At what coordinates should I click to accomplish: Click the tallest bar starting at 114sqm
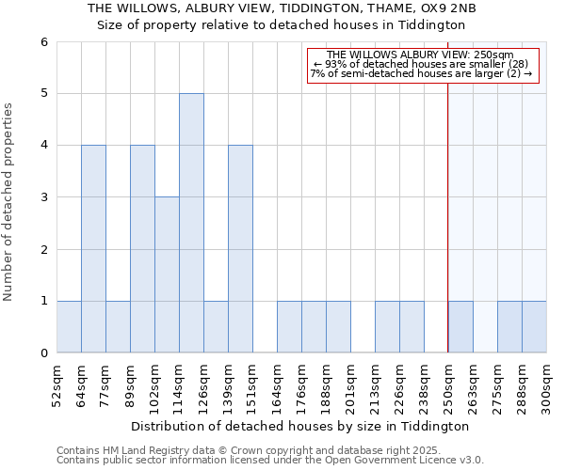point(191,223)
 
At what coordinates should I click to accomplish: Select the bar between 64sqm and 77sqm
point(93,249)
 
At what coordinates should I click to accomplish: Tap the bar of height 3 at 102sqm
point(167,274)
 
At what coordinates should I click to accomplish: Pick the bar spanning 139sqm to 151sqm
point(240,249)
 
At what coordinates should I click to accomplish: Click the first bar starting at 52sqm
point(69,327)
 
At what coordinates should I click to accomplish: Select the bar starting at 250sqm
point(460,327)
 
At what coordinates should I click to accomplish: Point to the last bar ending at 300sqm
point(534,327)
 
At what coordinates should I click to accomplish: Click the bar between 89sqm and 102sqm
point(142,249)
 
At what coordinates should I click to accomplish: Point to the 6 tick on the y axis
point(43,42)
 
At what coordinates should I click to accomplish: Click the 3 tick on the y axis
point(43,197)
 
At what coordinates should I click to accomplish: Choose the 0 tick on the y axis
point(43,353)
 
